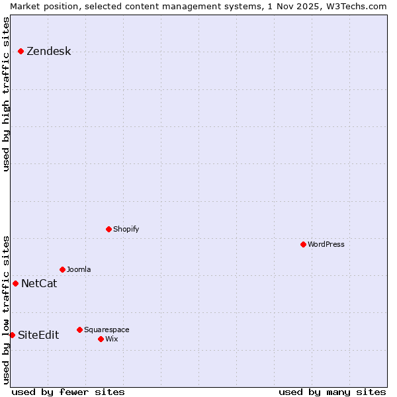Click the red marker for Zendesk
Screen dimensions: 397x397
point(21,51)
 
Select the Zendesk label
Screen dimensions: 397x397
point(48,52)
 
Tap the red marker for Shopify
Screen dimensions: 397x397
point(109,229)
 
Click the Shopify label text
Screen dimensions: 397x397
point(126,229)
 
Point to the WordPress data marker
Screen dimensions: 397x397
point(303,244)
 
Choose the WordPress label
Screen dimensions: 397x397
point(326,244)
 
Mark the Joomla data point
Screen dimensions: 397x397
point(62,269)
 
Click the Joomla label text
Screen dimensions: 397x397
point(79,269)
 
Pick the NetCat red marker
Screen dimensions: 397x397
point(15,283)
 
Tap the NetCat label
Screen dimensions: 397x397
point(39,284)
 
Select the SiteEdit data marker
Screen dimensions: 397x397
point(12,335)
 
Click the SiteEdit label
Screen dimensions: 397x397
point(38,335)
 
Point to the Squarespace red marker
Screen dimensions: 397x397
point(79,330)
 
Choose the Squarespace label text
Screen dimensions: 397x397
point(107,330)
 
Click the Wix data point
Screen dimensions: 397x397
point(101,339)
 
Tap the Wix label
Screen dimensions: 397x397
point(111,339)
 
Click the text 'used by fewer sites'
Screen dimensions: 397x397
point(68,392)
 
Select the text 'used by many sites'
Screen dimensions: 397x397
point(332,392)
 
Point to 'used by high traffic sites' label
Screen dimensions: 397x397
point(6,94)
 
